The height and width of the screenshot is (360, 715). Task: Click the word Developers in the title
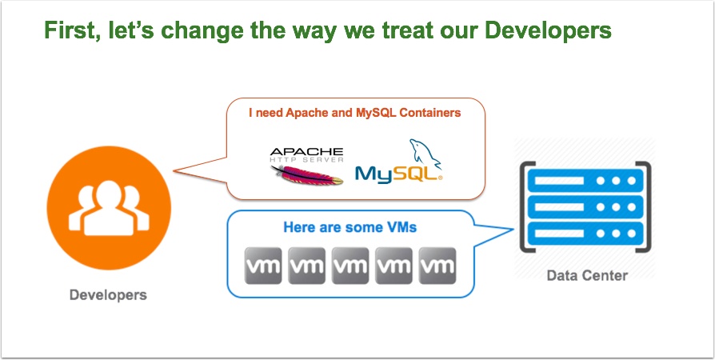pyautogui.click(x=548, y=30)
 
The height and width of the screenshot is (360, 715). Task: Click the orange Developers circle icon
pyautogui.click(x=109, y=208)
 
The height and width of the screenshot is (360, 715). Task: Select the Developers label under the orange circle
pyautogui.click(x=108, y=294)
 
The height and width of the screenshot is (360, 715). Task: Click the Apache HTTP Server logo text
pyautogui.click(x=306, y=155)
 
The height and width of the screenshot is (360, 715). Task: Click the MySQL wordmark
pyautogui.click(x=398, y=174)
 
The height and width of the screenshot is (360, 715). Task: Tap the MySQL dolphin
pyautogui.click(x=425, y=152)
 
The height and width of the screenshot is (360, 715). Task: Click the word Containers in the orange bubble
pyautogui.click(x=430, y=113)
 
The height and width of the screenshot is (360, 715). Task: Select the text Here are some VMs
pyautogui.click(x=350, y=226)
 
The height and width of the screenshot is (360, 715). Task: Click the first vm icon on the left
pyautogui.click(x=263, y=266)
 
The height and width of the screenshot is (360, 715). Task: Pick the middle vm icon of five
pyautogui.click(x=350, y=266)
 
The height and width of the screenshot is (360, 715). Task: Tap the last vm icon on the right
pyautogui.click(x=437, y=266)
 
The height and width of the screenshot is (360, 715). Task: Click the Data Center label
pyautogui.click(x=587, y=275)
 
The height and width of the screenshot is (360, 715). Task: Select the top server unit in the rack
pyautogui.click(x=585, y=181)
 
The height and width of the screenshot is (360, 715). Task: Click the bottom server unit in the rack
pyautogui.click(x=585, y=233)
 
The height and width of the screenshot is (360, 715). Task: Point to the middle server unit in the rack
pyautogui.click(x=585, y=207)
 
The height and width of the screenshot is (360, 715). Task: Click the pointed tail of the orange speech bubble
pyautogui.click(x=174, y=171)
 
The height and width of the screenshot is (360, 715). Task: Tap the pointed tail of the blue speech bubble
pyautogui.click(x=513, y=229)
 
